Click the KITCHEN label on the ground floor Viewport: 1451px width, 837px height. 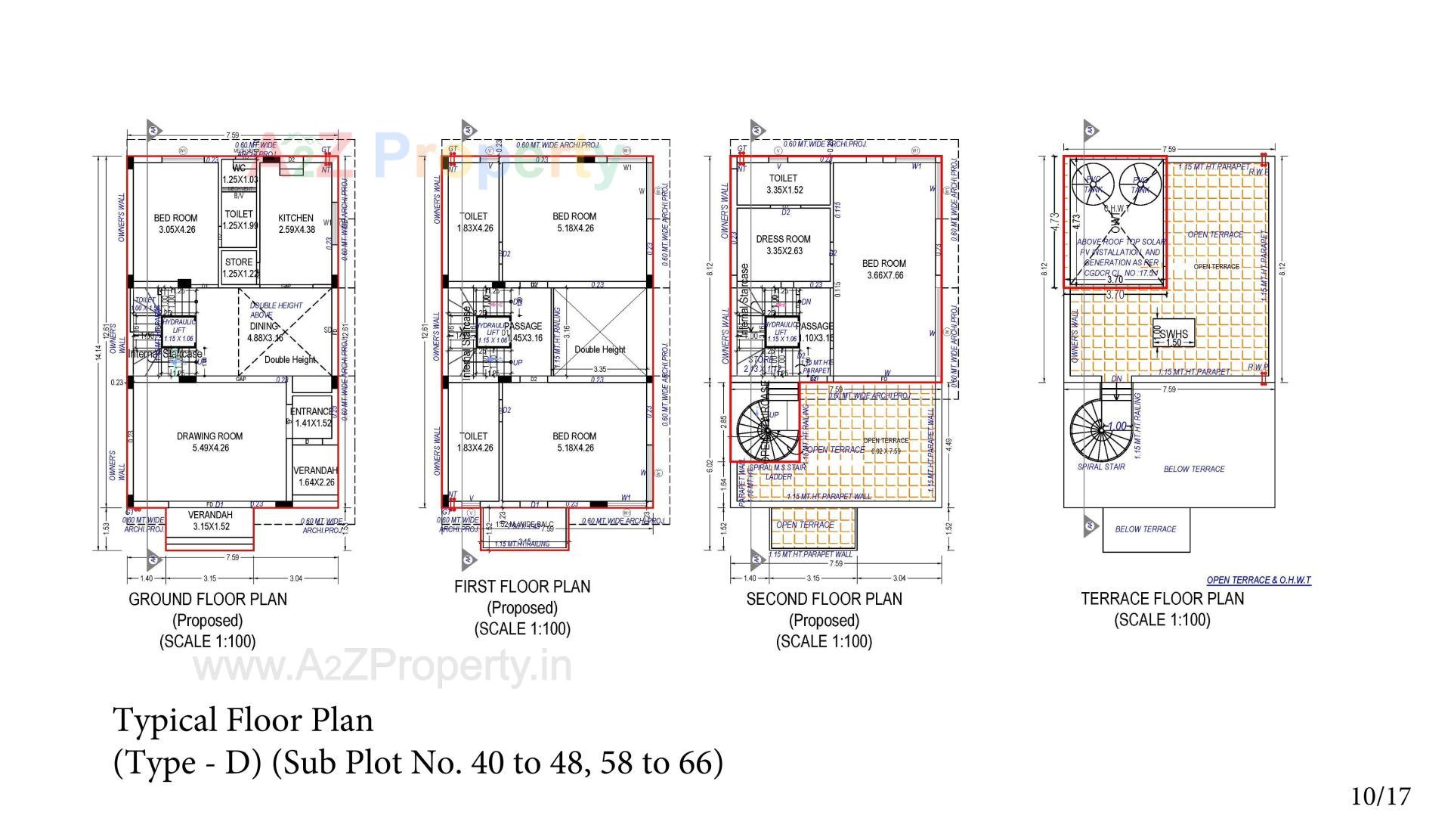(295, 218)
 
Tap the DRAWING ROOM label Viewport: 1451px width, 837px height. (209, 436)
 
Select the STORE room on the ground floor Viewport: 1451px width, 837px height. (239, 262)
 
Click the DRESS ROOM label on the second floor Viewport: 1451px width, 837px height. (783, 239)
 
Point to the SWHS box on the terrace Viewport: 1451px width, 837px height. (1173, 334)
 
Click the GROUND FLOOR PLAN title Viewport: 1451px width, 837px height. (208, 599)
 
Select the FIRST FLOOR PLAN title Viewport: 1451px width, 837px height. (521, 587)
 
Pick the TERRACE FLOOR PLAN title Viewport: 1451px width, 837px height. (1162, 599)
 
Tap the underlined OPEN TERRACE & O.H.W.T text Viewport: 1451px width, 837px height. (1258, 580)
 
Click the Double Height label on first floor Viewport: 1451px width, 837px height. (600, 349)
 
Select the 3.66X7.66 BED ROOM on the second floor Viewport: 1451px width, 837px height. (883, 269)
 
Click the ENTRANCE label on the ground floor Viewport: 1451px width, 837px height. (311, 412)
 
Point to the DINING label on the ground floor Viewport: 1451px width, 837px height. (264, 327)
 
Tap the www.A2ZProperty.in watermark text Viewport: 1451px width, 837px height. (382, 667)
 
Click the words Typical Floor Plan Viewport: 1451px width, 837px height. (243, 720)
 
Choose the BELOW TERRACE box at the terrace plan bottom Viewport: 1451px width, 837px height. (1145, 529)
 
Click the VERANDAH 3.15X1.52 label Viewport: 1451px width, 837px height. (211, 520)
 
